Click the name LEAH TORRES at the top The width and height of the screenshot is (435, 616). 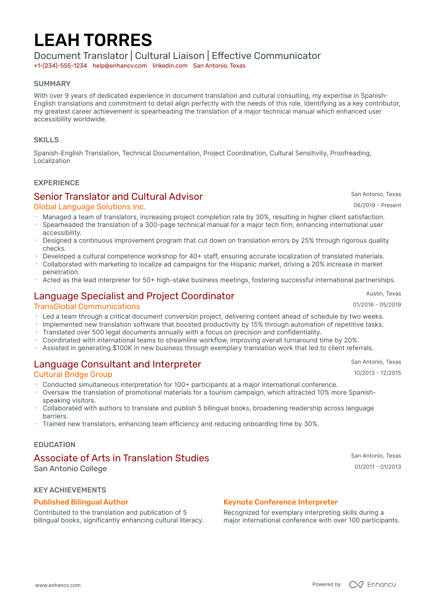click(93, 40)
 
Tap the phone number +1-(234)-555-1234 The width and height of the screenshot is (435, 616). click(60, 66)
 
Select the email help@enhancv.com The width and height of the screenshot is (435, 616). click(120, 66)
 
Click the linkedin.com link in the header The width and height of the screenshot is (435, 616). click(170, 66)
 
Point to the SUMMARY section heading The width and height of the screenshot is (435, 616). click(52, 84)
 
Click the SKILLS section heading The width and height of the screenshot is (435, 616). click(46, 140)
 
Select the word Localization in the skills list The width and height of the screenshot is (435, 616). click(52, 161)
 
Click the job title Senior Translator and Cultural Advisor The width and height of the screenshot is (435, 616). click(118, 197)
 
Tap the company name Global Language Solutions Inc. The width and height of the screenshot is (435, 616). click(90, 207)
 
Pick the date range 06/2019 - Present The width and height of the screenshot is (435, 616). click(377, 205)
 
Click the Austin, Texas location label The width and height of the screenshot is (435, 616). click(383, 294)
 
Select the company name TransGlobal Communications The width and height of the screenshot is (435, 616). click(87, 307)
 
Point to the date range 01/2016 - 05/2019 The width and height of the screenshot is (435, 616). click(377, 305)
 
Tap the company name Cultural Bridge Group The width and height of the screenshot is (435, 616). click(73, 375)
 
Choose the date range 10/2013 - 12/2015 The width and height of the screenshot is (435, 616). click(377, 373)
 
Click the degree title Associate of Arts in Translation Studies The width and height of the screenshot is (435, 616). click(121, 458)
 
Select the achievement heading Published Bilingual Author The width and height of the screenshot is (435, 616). click(81, 502)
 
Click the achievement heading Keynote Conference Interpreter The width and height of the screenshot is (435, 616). click(280, 502)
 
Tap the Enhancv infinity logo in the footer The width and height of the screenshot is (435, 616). click(356, 585)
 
